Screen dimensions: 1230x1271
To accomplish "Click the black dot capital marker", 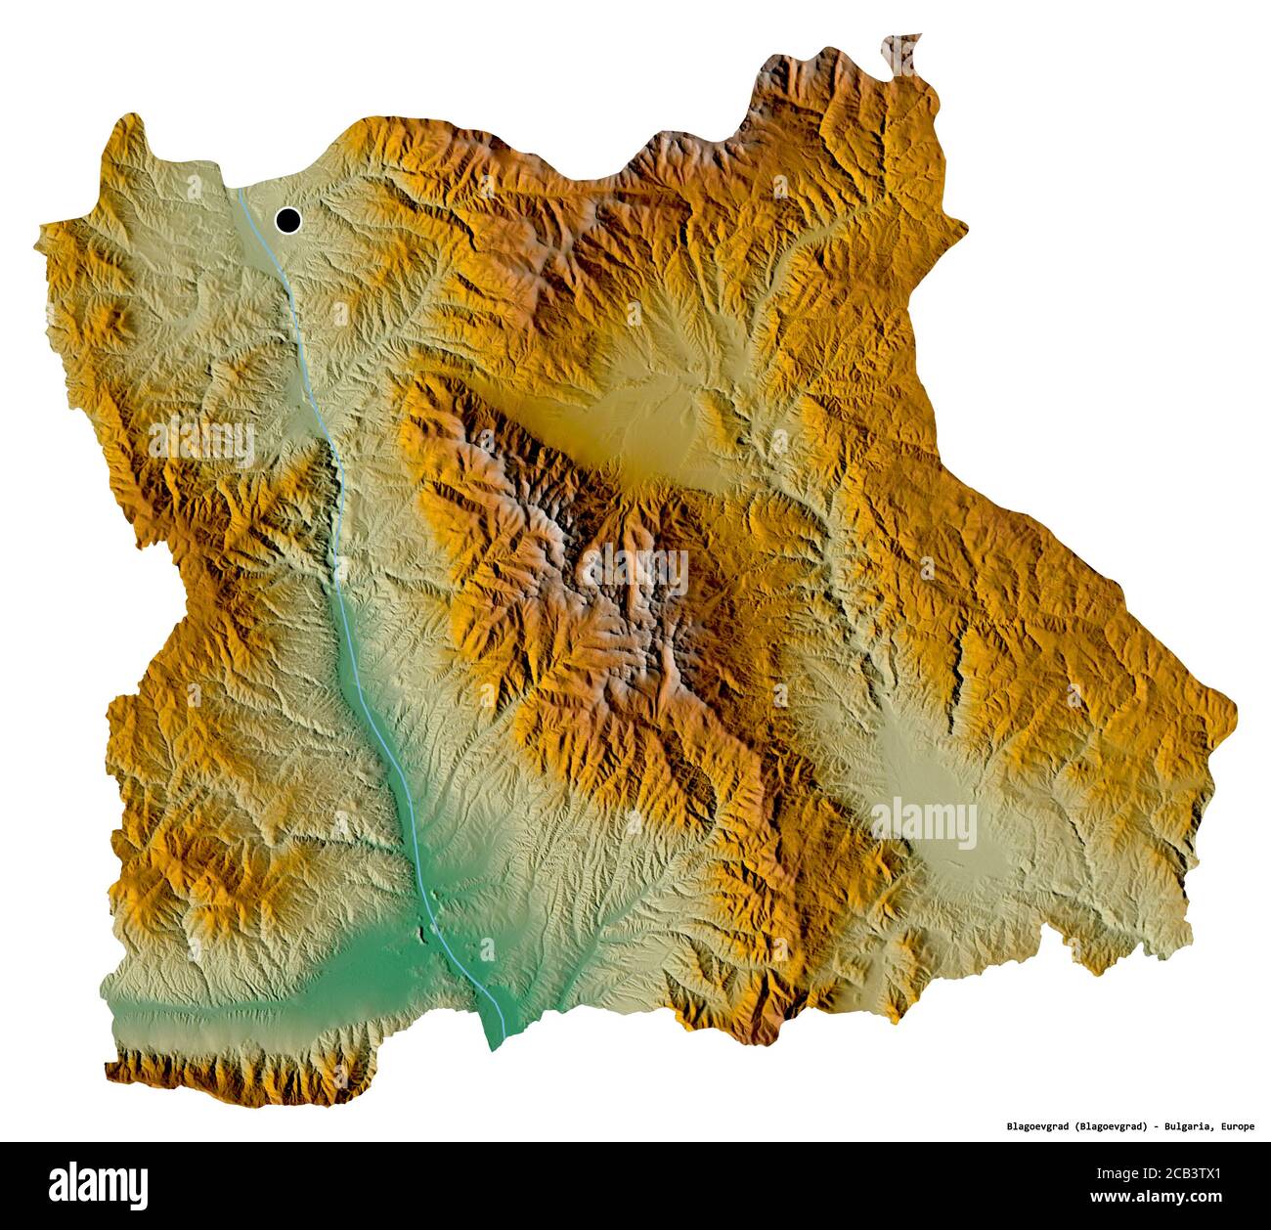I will pyautogui.click(x=288, y=221).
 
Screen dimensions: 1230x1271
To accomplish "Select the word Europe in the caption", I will pyautogui.click(x=1236, y=1126).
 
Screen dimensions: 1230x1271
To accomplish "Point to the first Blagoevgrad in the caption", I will pyautogui.click(x=1038, y=1126).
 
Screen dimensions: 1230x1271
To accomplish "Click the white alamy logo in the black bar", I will pyautogui.click(x=99, y=1184).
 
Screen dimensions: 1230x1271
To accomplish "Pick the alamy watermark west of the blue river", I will pyautogui.click(x=201, y=440).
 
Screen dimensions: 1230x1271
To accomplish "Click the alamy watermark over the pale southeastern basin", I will pyautogui.click(x=923, y=821).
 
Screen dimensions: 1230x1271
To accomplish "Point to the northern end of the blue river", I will pyautogui.click(x=240, y=193).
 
